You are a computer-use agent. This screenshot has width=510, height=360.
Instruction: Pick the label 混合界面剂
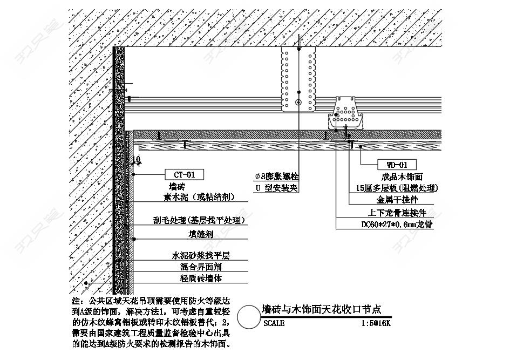coord(200,267)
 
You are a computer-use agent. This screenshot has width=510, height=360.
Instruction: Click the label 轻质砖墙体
coord(200,279)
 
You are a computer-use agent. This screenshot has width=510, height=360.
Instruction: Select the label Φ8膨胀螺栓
coord(277,176)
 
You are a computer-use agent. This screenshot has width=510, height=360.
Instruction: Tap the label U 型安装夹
coord(277,188)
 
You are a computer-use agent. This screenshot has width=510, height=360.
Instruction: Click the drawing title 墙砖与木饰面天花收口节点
coord(321,309)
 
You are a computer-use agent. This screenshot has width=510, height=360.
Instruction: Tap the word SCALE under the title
coord(275,323)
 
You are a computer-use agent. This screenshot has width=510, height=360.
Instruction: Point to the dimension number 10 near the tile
coord(137,159)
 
